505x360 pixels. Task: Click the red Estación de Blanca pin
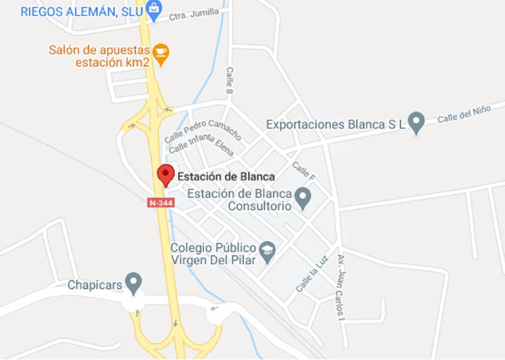pyautogui.click(x=166, y=175)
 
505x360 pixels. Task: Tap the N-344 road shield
pyautogui.click(x=161, y=203)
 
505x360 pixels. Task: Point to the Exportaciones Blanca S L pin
pyautogui.click(x=416, y=122)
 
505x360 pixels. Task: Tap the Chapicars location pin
pyautogui.click(x=134, y=282)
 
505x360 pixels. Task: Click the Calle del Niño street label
pyautogui.click(x=464, y=114)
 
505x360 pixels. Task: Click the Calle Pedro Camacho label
pyautogui.click(x=202, y=130)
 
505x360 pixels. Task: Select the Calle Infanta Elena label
pyautogui.click(x=201, y=144)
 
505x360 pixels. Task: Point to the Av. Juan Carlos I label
pyautogui.click(x=343, y=287)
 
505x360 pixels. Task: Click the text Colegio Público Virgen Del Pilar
pyautogui.click(x=214, y=254)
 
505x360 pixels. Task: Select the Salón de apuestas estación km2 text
pyautogui.click(x=100, y=56)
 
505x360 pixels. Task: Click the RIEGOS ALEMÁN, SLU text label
pyautogui.click(x=81, y=12)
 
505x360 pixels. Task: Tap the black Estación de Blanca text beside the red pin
pyautogui.click(x=226, y=176)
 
